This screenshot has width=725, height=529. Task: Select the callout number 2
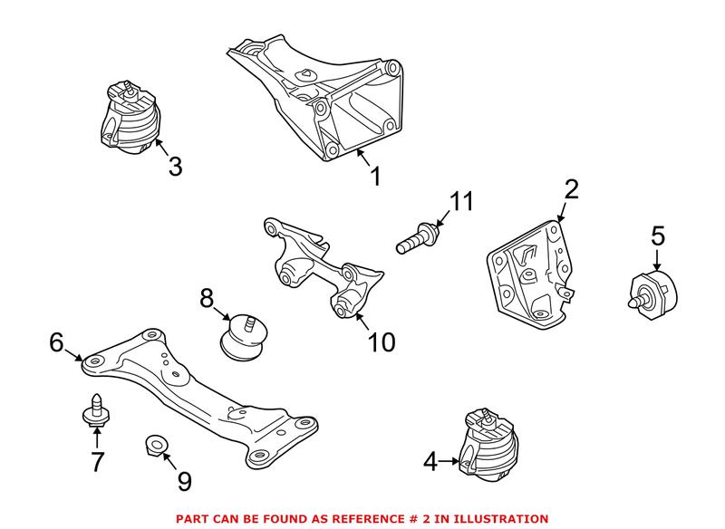[x=571, y=190]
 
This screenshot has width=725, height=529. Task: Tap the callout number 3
[x=175, y=167]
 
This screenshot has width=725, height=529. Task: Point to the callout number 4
[x=429, y=463]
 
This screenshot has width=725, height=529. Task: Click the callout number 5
[x=658, y=236]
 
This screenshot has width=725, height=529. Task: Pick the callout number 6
[x=56, y=342]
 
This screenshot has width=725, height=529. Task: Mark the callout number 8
[x=207, y=296]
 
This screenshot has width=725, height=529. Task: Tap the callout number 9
[x=184, y=481]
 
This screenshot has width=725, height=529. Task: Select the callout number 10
[x=382, y=341]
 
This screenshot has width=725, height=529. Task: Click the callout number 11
[x=462, y=202]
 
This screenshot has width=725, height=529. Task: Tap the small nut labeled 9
[x=155, y=444]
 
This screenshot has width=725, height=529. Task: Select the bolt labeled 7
[x=92, y=412]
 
